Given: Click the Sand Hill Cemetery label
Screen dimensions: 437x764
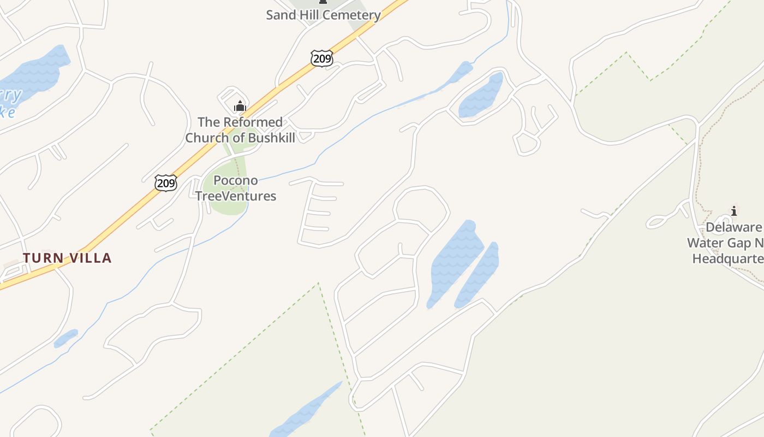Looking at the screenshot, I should tap(323, 15).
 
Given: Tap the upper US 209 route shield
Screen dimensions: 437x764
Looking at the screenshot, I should tap(322, 58).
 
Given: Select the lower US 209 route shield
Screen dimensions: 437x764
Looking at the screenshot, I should tap(166, 182).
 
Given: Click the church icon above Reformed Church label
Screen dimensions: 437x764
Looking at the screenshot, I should tap(240, 105).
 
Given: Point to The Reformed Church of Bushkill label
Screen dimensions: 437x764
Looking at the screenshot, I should tap(240, 130).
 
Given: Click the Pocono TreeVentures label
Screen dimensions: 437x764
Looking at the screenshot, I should tap(236, 188).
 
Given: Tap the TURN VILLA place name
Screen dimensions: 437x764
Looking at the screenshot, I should tap(67, 258).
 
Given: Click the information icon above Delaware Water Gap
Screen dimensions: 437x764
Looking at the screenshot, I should tap(734, 211).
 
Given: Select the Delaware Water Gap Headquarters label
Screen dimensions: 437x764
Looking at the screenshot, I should tap(726, 243).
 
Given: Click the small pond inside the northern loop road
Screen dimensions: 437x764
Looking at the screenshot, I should tap(482, 96).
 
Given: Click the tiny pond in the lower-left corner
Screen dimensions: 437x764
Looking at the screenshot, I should tap(65, 338).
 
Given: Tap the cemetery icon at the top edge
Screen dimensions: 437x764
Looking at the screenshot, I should tap(323, 2).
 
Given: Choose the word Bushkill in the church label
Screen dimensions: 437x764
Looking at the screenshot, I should tap(272, 138).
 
